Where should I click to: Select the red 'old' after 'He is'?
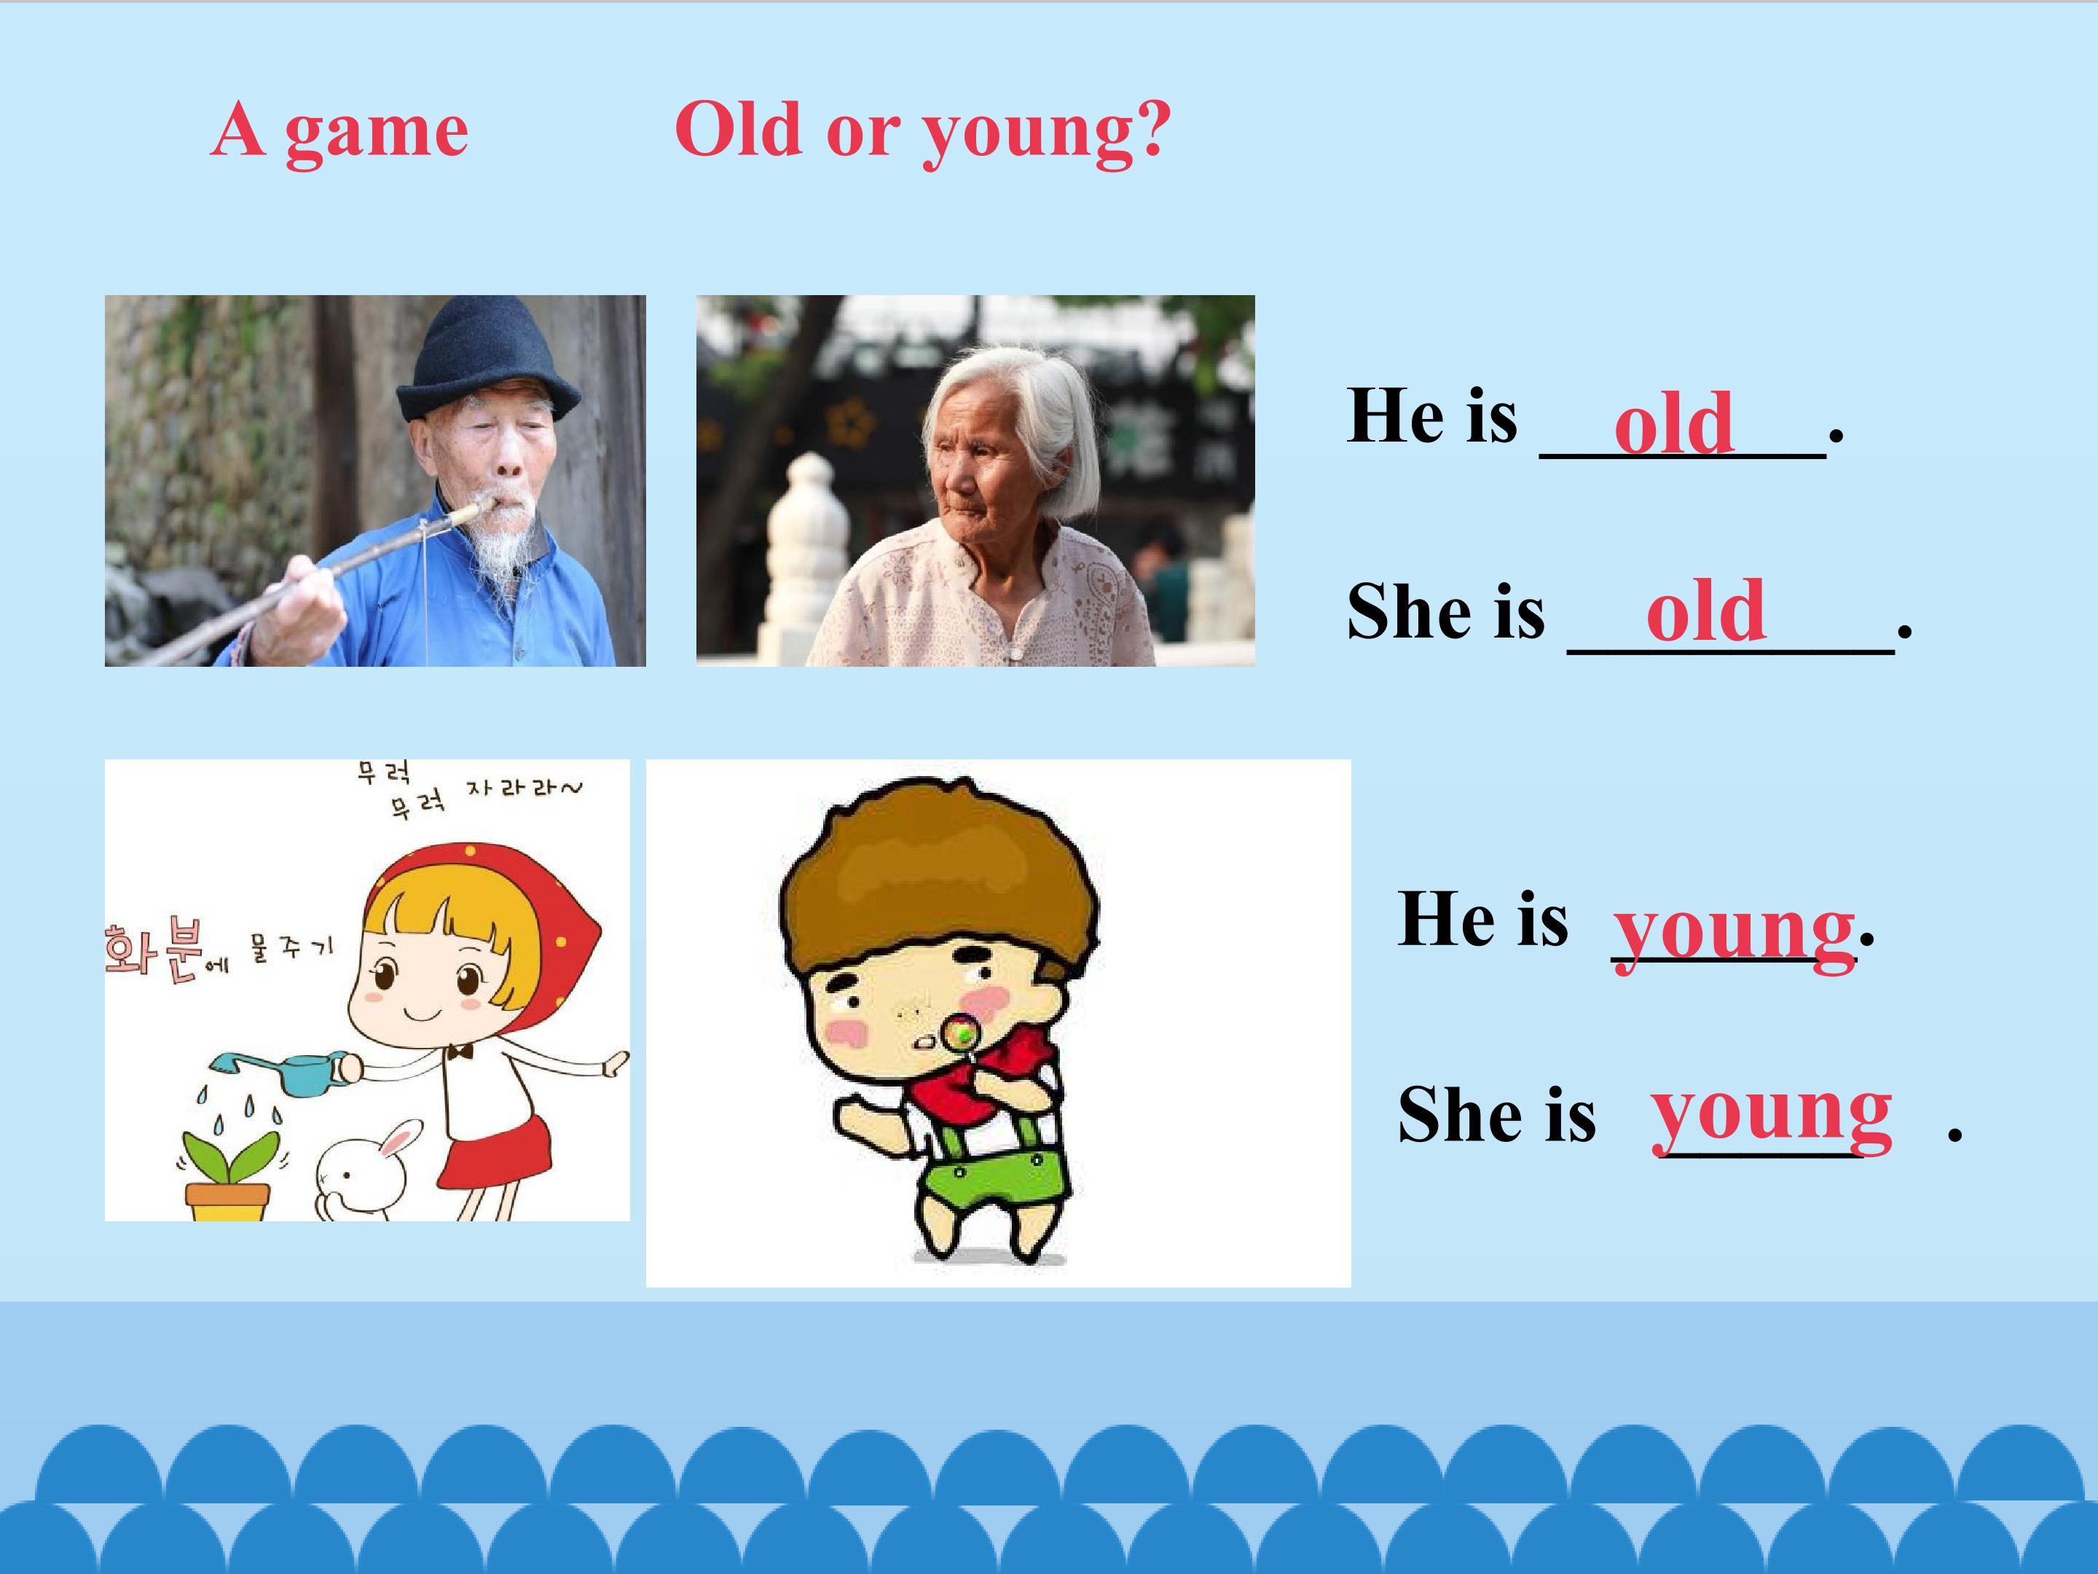click(x=1674, y=423)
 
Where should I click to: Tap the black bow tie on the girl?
click(x=461, y=1052)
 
